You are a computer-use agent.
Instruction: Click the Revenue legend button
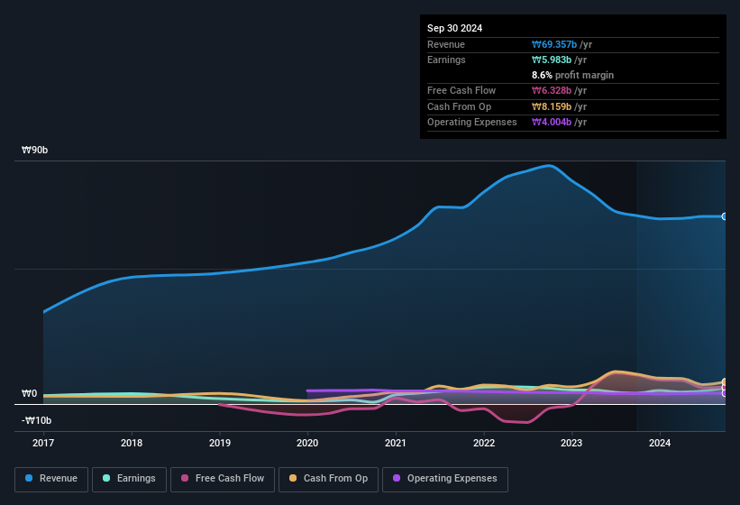point(51,478)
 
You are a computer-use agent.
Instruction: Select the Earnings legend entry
point(129,478)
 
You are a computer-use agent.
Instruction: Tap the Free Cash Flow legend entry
point(223,478)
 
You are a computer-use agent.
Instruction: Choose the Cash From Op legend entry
point(327,478)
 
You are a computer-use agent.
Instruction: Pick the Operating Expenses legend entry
point(445,478)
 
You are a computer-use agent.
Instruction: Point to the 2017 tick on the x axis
point(43,443)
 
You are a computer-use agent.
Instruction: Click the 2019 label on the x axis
point(219,443)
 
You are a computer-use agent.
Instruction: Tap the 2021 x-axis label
point(395,443)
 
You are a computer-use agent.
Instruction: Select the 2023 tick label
point(571,443)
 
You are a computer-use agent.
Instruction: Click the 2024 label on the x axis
point(659,443)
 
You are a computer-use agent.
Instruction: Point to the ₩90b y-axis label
point(35,150)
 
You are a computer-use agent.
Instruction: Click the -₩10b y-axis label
point(37,420)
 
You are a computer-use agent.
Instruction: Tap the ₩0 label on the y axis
point(29,394)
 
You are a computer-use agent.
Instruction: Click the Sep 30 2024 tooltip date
point(455,28)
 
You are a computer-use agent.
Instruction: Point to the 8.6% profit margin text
point(572,75)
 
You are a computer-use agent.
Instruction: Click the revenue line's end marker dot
point(724,216)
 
